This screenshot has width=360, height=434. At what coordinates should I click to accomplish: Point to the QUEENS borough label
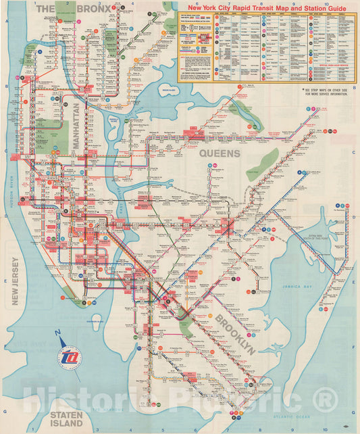(x=220, y=154)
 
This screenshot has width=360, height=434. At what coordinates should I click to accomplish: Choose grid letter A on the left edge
(x=6, y=22)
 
